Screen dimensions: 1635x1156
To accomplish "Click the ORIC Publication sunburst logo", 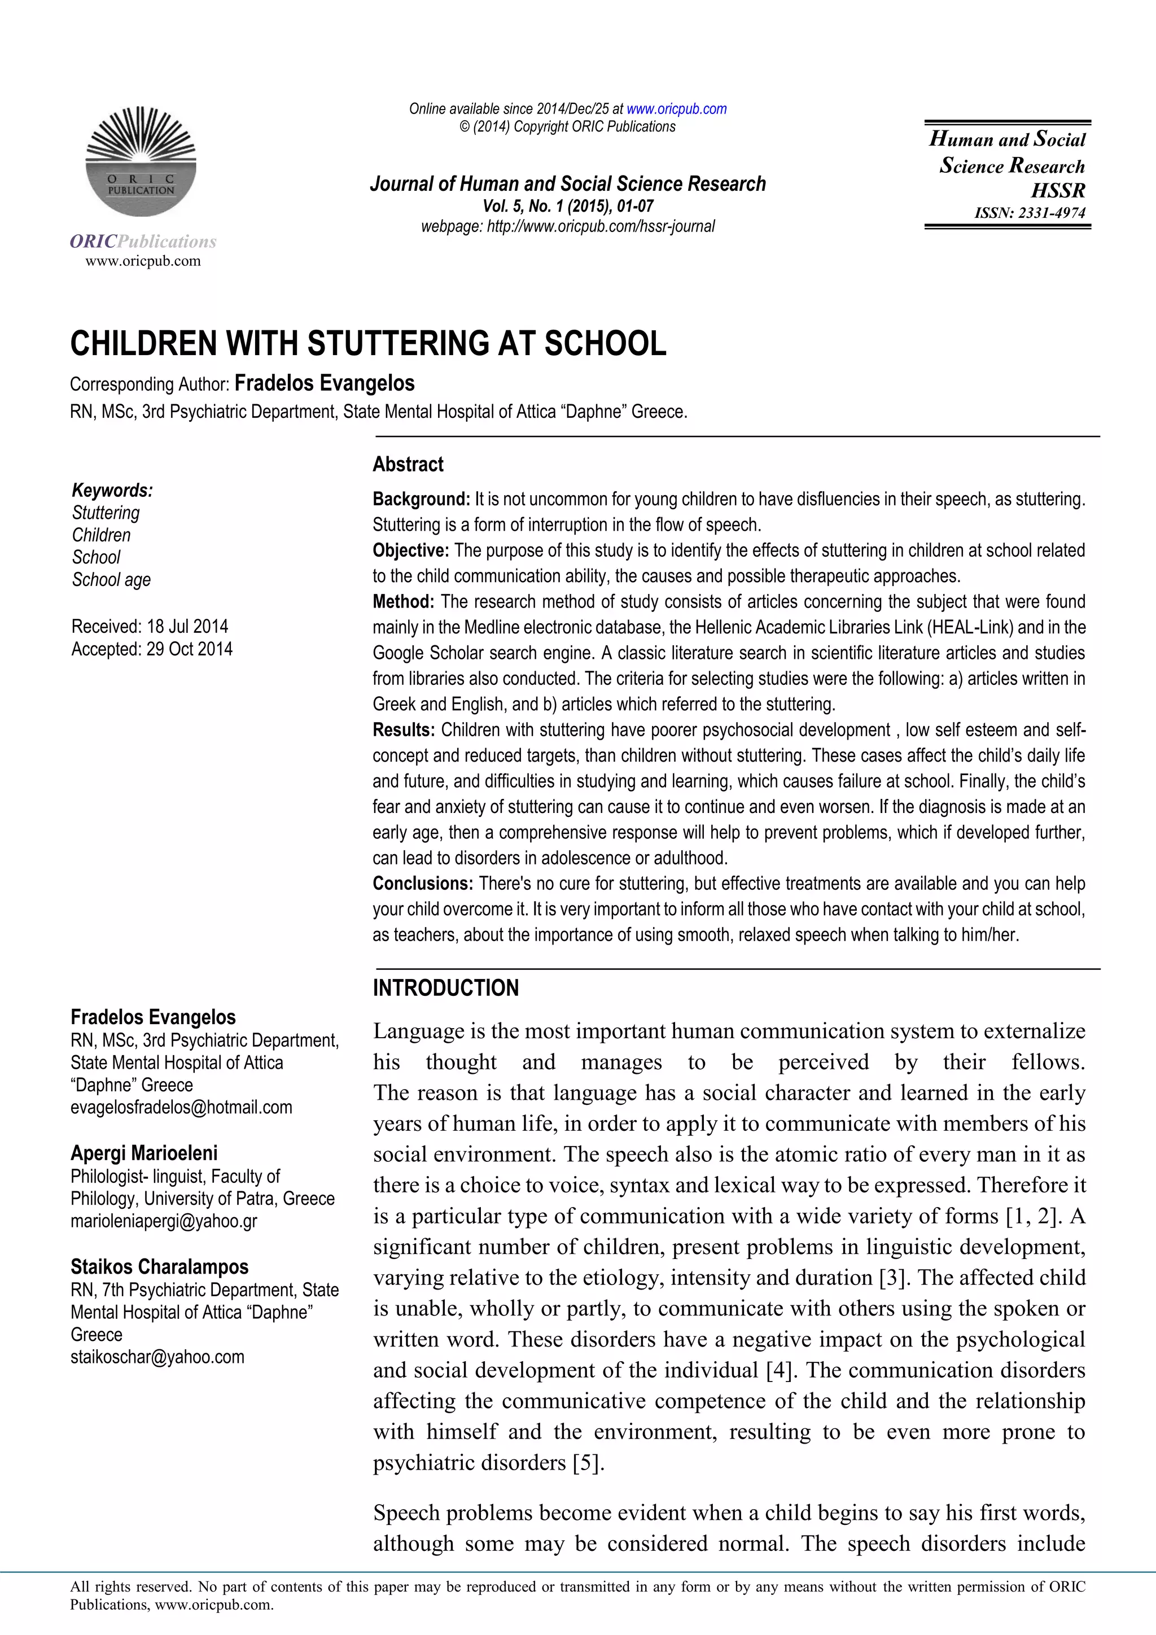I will (x=141, y=163).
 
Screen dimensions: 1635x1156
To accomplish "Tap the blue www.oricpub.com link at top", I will (x=676, y=109).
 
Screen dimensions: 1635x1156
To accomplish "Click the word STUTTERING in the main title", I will (x=399, y=344).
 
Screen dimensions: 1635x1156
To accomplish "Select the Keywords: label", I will (x=112, y=491).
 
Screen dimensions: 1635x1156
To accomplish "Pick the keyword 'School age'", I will (x=111, y=580).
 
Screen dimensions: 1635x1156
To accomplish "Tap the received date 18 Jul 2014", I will (x=187, y=627).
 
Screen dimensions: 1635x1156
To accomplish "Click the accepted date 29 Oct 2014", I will (x=189, y=649).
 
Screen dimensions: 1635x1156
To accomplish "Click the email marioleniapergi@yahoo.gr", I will (x=164, y=1221).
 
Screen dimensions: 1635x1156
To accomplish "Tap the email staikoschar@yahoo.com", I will (x=157, y=1357).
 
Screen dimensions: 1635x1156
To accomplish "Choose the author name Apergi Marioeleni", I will (x=144, y=1153).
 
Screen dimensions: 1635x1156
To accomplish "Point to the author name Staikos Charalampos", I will (x=159, y=1267).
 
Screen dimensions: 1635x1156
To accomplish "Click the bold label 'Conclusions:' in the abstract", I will (x=423, y=884).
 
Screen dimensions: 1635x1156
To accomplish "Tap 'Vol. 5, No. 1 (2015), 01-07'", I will (x=567, y=206).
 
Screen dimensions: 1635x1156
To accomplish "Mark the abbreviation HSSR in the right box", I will (x=1058, y=191).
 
